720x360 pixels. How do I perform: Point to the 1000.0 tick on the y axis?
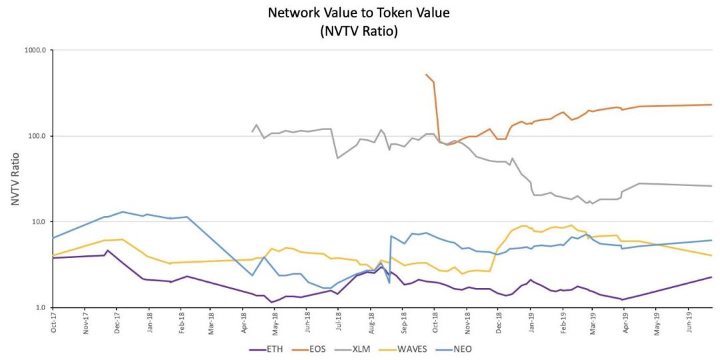click(x=34, y=50)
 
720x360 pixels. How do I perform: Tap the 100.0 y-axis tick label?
click(x=36, y=136)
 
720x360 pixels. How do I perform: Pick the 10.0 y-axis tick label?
click(x=37, y=222)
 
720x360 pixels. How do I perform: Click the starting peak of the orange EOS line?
click(x=426, y=75)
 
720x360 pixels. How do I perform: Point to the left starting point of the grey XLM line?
click(x=252, y=131)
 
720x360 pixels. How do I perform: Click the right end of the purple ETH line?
click(x=711, y=277)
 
